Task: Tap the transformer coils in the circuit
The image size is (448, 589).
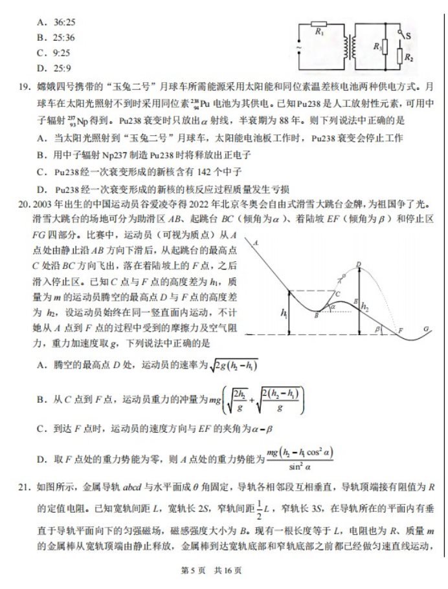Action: [352, 46]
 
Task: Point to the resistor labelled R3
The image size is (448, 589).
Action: [384, 47]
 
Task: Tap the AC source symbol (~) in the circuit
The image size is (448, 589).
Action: [298, 47]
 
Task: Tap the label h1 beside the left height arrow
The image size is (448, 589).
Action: [284, 313]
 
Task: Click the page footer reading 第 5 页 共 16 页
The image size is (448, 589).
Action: [223, 572]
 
